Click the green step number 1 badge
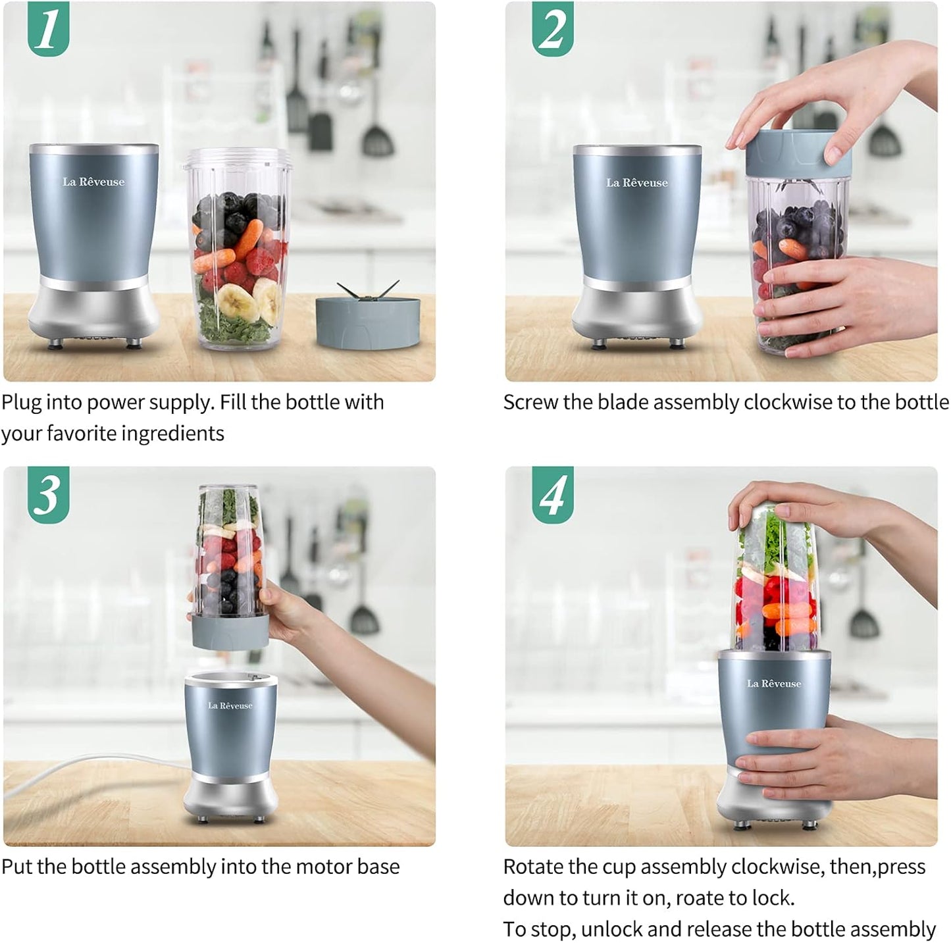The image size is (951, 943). pos(48,29)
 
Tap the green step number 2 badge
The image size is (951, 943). pos(552,29)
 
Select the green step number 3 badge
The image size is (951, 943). pos(48,494)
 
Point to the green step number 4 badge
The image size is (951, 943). pos(552,494)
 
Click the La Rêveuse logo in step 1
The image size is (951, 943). pos(93,182)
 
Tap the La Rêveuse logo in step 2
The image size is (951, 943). pos(636,183)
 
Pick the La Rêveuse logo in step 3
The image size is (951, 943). pos(230,705)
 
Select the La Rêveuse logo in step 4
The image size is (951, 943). pos(773,684)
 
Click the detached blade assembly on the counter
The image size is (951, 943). pos(367,320)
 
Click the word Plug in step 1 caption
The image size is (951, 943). pos(22,403)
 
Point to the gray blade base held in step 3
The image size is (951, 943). pos(229,632)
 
